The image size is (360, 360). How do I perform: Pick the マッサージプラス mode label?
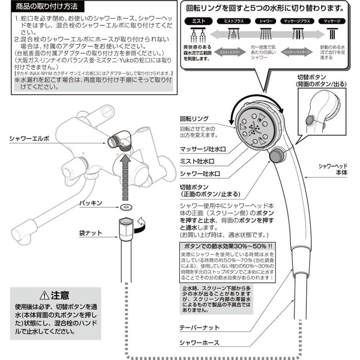click(296, 21)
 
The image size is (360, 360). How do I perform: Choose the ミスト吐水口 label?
click(200, 162)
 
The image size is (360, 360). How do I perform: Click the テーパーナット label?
click(200, 328)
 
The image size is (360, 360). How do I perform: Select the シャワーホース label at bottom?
click(200, 343)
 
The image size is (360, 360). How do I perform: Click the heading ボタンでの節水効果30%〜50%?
click(228, 246)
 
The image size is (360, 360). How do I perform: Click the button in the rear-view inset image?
click(310, 120)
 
